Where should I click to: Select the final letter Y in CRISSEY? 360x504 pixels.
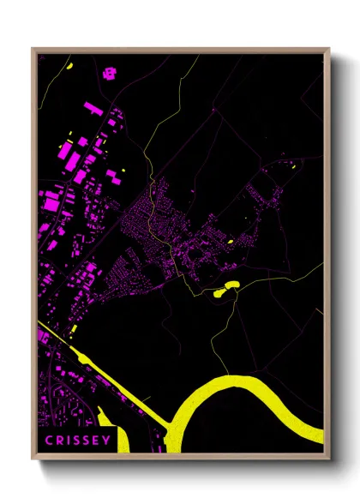pyautogui.click(x=107, y=441)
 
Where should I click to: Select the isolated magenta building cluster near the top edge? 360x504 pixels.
pyautogui.click(x=110, y=72)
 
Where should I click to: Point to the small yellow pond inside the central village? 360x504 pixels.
pyautogui.click(x=231, y=241)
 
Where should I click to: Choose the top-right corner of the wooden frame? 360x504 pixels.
pyautogui.click(x=329, y=49)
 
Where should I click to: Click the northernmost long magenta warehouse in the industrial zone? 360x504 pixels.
pyautogui.click(x=93, y=108)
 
